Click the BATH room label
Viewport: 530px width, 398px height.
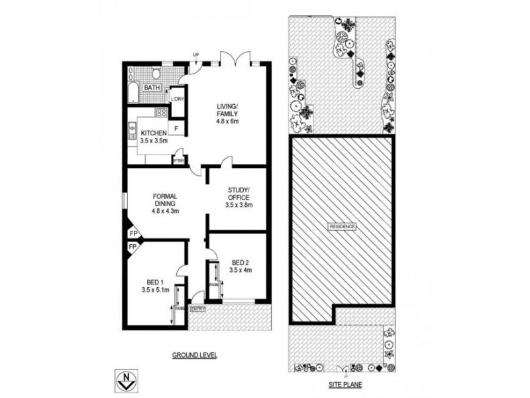tap(152, 88)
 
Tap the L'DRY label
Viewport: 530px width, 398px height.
tap(178, 99)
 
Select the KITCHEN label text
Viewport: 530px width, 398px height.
tap(153, 133)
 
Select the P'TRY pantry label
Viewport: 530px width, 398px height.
tap(178, 160)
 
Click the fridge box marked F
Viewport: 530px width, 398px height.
tap(177, 127)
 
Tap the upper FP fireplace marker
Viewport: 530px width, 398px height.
tap(132, 234)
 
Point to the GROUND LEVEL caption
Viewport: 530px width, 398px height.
tap(195, 355)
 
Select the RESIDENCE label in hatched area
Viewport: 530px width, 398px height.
tap(342, 227)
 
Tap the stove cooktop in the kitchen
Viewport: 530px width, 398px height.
tap(161, 112)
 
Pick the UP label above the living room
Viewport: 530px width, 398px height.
tap(196, 54)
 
